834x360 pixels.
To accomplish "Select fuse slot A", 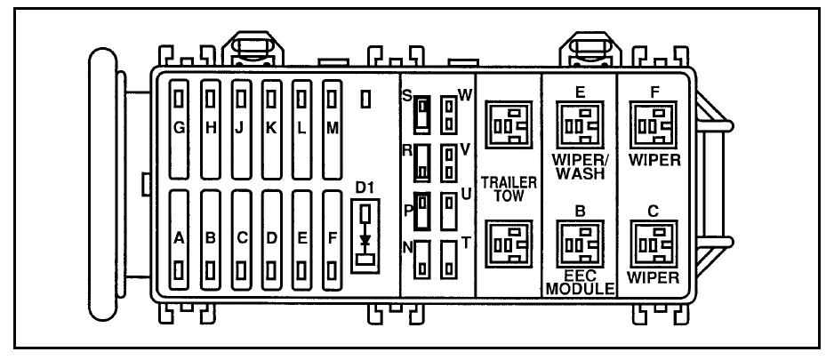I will [x=180, y=237].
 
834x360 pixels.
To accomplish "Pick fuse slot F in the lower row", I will [x=332, y=237].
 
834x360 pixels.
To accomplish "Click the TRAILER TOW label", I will [x=509, y=188].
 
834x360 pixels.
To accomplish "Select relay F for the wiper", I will [x=654, y=127].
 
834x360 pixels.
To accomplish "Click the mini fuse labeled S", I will [x=422, y=112].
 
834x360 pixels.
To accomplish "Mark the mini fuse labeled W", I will [x=449, y=112].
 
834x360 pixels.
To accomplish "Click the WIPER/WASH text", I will [x=579, y=167].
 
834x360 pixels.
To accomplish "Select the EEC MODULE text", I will [x=580, y=284].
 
